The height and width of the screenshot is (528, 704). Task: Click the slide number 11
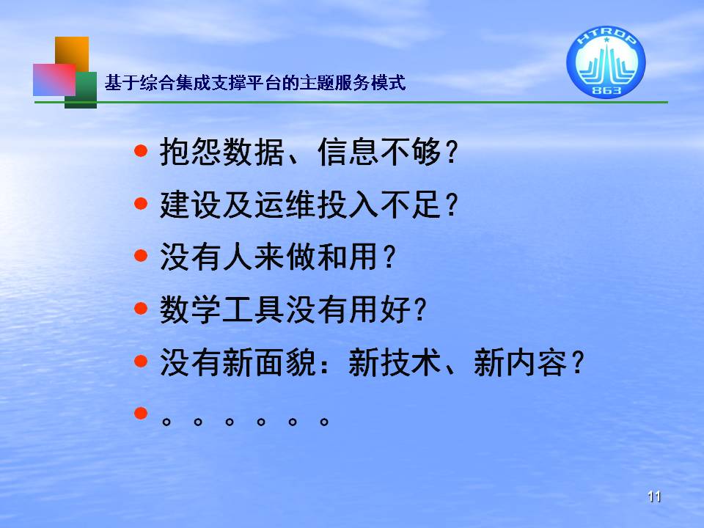point(654,496)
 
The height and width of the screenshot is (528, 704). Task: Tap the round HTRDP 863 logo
point(606,62)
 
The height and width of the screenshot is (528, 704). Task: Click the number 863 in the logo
point(606,89)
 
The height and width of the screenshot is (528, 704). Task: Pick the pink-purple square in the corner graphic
point(54,79)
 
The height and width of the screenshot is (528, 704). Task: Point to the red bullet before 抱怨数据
point(141,150)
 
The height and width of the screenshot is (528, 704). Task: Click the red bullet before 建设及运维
point(141,203)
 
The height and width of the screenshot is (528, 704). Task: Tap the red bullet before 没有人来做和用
point(141,256)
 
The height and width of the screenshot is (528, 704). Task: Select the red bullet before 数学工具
point(141,309)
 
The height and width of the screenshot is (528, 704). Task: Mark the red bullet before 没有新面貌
point(141,361)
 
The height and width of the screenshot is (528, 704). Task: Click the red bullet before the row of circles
point(141,413)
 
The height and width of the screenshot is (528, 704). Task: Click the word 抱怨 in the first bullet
point(191,152)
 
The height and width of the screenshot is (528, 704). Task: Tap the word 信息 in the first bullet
point(348,152)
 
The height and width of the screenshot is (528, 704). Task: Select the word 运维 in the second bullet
point(285,205)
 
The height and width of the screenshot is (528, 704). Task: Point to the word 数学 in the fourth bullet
point(191,309)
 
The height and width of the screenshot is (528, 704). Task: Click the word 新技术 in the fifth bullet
point(395,362)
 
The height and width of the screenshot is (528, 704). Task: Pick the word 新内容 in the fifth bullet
point(521,362)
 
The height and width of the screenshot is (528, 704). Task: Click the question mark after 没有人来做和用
point(389,257)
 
